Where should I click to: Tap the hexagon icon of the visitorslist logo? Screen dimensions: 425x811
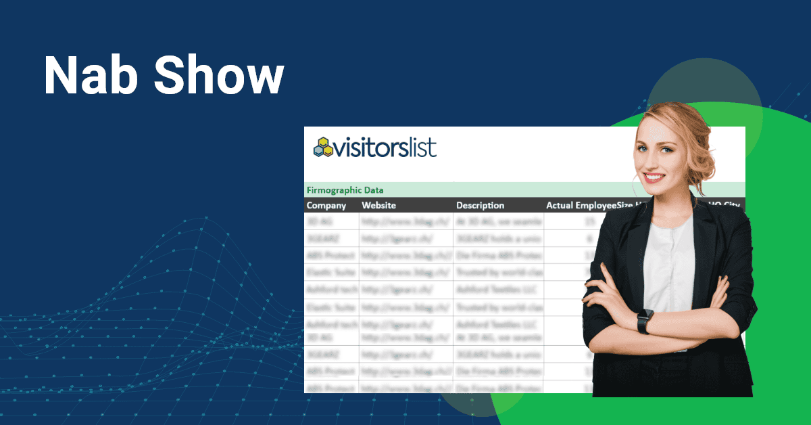coord(324,147)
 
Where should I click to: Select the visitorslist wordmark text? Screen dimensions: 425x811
coord(387,147)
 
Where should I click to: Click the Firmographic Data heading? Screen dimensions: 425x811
coord(345,190)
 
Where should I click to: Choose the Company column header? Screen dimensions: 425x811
coord(326,205)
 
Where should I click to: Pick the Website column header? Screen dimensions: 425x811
coord(378,205)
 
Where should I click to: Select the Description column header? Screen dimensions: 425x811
coord(480,205)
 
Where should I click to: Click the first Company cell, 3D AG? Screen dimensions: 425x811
coord(317,221)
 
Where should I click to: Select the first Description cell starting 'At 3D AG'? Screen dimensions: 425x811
coord(499,221)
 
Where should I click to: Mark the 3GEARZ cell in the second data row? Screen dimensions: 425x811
coord(322,238)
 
